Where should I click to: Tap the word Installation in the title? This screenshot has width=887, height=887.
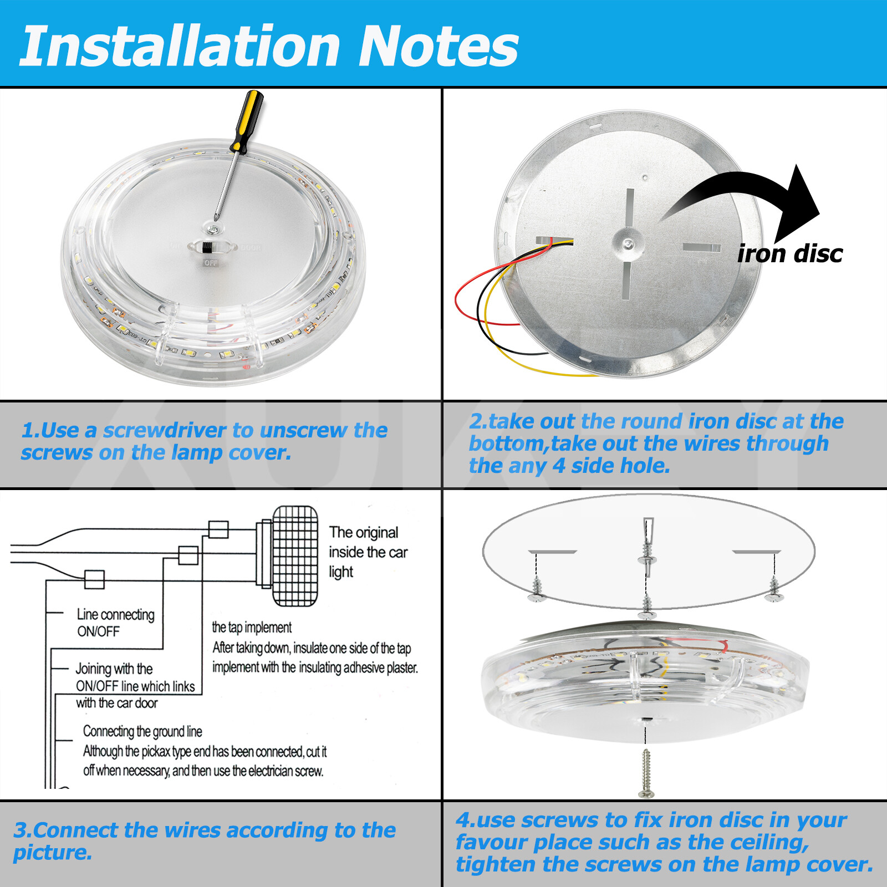click(180, 47)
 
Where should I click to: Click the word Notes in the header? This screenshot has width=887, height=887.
click(438, 47)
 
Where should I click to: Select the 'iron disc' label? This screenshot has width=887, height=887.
click(789, 254)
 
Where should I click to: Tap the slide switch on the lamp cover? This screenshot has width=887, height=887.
click(207, 247)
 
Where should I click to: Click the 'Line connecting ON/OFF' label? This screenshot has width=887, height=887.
click(115, 622)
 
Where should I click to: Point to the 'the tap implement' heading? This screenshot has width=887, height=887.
click(251, 627)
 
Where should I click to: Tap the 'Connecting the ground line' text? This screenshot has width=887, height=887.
click(142, 731)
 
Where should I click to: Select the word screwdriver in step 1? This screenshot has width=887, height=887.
click(165, 430)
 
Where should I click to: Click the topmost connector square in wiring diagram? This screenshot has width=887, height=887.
click(218, 529)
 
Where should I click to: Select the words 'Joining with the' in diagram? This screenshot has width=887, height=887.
click(114, 668)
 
